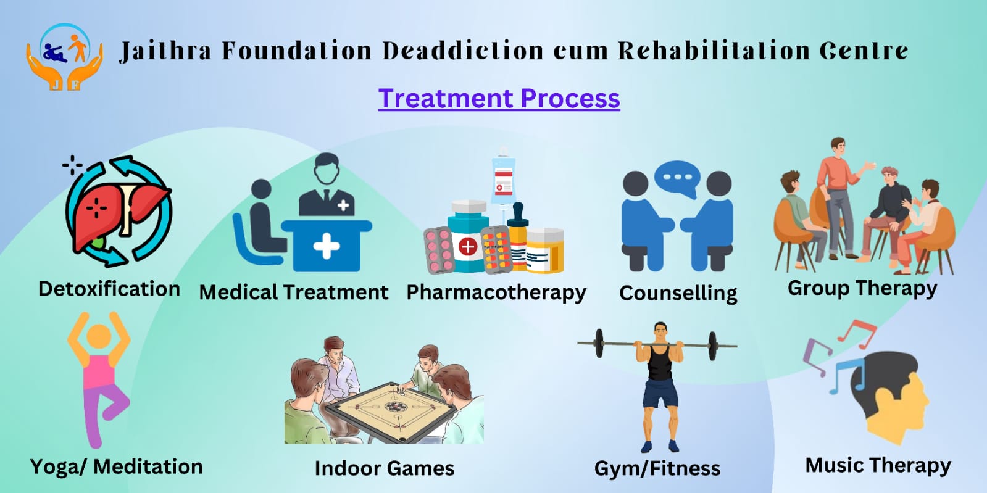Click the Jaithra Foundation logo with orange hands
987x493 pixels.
pos(65,57)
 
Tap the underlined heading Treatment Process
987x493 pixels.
pos(499,98)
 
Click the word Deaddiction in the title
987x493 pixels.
pos(463,50)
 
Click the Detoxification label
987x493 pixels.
pos(109,289)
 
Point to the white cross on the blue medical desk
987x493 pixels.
pos(327,246)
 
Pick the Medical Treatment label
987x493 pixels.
pos(294,292)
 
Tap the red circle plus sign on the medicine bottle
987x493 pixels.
pos(468,247)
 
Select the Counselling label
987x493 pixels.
pos(678,294)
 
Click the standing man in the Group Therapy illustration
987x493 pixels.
pos(838,198)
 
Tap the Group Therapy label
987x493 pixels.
pos(862,289)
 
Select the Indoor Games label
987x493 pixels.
pos(385,468)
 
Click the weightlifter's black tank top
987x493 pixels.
pos(660,363)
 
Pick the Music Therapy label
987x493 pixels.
pos(878,466)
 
